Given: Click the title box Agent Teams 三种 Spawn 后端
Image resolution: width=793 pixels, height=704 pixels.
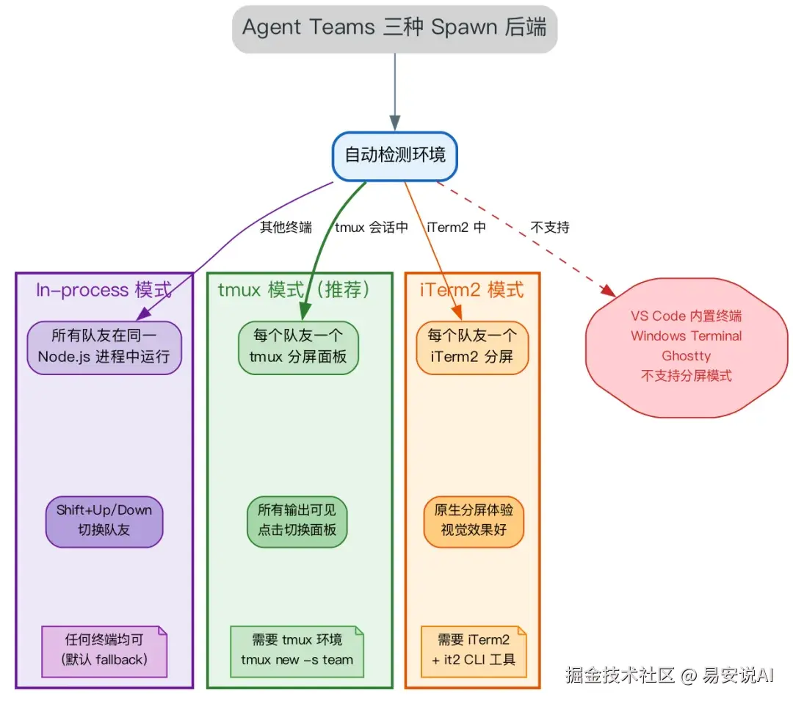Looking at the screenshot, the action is click(x=394, y=29).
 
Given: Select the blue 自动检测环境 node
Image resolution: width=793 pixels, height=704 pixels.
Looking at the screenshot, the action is click(x=394, y=156).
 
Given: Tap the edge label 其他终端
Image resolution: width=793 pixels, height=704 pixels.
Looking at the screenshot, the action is click(x=286, y=227).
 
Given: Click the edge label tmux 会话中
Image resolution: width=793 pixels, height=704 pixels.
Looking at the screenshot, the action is click(x=372, y=227).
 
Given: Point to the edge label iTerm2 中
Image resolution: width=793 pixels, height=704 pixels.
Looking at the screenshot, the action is click(x=456, y=227).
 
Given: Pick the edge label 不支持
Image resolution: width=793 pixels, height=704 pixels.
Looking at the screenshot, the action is click(x=550, y=227).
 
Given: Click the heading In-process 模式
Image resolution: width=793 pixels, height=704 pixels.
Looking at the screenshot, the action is click(x=104, y=290).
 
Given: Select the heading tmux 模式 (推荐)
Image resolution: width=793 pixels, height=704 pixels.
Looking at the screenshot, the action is click(x=294, y=290).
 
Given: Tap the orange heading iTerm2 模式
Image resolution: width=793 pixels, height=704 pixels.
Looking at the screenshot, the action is click(x=472, y=290).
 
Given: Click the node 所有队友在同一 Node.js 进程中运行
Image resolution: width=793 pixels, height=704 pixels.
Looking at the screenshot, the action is click(x=104, y=347).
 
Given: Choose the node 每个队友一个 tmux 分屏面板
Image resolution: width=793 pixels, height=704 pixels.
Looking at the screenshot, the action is click(x=298, y=347).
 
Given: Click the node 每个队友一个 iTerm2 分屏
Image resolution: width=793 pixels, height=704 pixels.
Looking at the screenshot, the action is click(x=472, y=347).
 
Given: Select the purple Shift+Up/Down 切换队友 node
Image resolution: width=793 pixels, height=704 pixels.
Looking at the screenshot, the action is click(x=104, y=521).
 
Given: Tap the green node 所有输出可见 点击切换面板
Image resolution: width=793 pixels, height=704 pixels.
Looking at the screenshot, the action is click(x=297, y=521).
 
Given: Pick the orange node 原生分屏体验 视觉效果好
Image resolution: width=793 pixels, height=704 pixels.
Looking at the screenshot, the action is click(x=474, y=521).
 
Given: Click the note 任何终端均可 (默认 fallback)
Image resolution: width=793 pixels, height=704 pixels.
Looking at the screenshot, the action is click(x=104, y=651).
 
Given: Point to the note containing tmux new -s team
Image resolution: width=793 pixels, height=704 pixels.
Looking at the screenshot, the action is click(x=297, y=651).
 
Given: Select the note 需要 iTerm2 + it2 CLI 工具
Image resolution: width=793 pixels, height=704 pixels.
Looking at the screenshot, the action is click(x=474, y=651).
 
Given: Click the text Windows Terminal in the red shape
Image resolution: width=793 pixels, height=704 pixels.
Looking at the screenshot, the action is click(x=687, y=335).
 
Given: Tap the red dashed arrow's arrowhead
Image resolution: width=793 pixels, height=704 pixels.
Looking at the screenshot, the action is click(x=609, y=291).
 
